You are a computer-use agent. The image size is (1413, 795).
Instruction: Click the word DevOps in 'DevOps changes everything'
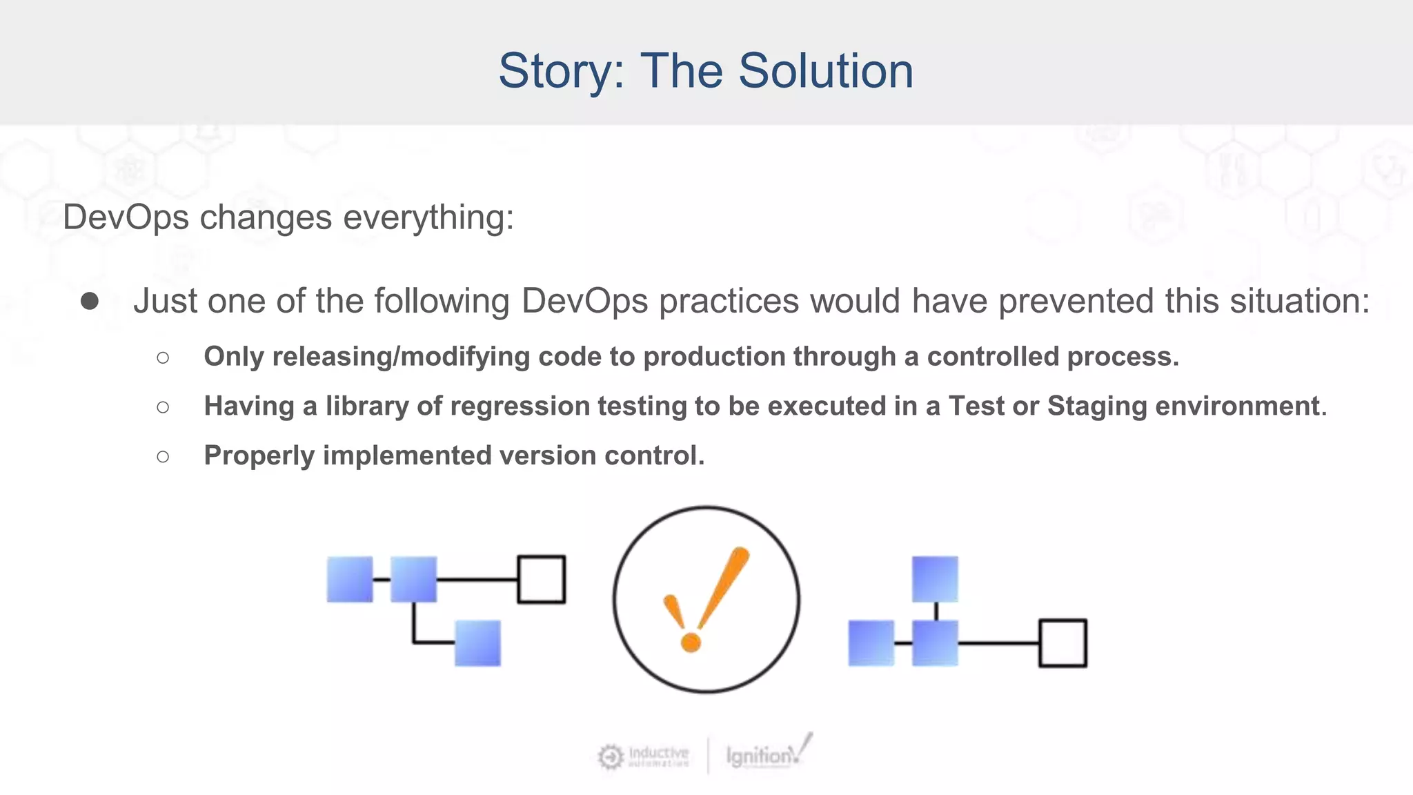point(126,217)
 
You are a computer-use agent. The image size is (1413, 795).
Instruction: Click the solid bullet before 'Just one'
point(90,301)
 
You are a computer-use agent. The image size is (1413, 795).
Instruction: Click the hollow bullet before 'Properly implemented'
point(163,456)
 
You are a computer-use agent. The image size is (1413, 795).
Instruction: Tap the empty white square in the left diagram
point(541,580)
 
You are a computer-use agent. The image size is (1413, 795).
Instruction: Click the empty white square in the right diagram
point(1063,643)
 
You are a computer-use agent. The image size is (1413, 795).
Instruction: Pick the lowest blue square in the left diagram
point(477,643)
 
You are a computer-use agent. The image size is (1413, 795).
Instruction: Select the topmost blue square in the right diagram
point(935,580)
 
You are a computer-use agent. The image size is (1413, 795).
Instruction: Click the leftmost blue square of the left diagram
point(350,580)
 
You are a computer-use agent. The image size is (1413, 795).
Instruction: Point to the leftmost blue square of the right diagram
point(871,643)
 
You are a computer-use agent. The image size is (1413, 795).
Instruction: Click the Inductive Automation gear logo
point(611,757)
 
